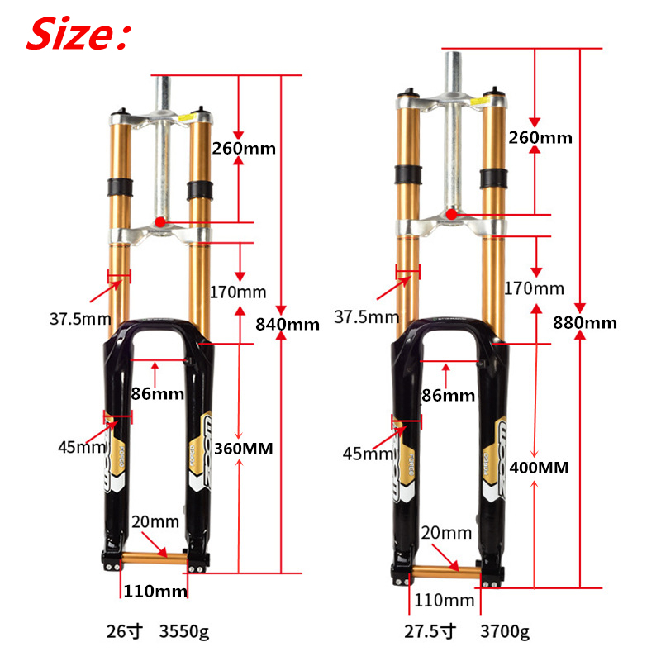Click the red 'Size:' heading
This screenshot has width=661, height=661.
[x=78, y=34]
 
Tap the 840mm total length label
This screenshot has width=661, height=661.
[x=288, y=324]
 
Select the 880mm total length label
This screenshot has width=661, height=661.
[x=585, y=323]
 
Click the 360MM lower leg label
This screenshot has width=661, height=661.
[x=243, y=449]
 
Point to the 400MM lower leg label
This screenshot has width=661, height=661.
[x=539, y=468]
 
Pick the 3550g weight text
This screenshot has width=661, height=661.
[x=183, y=631]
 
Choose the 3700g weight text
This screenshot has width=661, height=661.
[x=505, y=631]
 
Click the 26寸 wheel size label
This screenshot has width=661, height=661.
[x=125, y=631]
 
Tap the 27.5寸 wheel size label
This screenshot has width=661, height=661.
[x=430, y=631]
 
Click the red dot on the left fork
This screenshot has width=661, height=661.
[x=160, y=222]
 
